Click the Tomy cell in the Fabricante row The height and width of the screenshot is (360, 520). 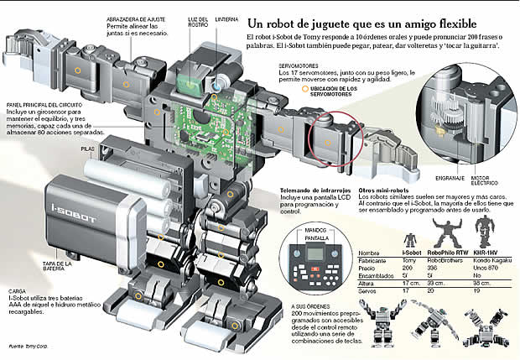click(409, 259)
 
